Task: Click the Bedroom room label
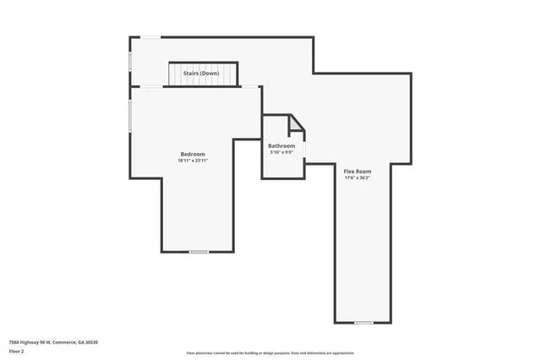pyautogui.click(x=193, y=154)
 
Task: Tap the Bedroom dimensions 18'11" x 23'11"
pyautogui.click(x=193, y=161)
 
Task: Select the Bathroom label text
pyautogui.click(x=281, y=146)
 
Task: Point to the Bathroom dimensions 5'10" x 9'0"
pyautogui.click(x=281, y=153)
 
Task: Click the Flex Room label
pyautogui.click(x=358, y=172)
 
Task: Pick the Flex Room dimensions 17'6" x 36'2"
pyautogui.click(x=358, y=178)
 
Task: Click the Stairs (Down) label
pyautogui.click(x=202, y=74)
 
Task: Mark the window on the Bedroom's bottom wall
pyautogui.click(x=199, y=252)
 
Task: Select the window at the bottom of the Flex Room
pyautogui.click(x=363, y=323)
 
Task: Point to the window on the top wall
pyautogui.click(x=147, y=36)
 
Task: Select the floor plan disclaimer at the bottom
pyautogui.click(x=270, y=353)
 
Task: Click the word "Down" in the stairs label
pyautogui.click(x=211, y=74)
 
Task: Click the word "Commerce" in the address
pyautogui.click(x=67, y=342)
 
